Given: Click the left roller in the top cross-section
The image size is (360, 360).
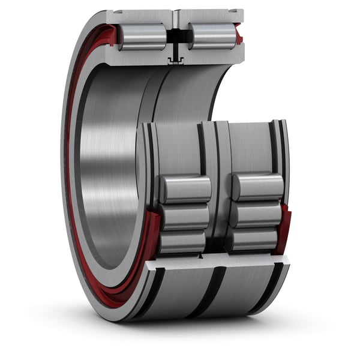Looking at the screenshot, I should pyautogui.click(x=142, y=37).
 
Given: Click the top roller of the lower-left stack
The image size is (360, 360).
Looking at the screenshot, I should pyautogui.click(x=185, y=189).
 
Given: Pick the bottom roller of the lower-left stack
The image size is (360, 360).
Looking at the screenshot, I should pyautogui.click(x=182, y=241).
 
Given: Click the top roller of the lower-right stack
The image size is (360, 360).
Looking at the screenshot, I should pyautogui.click(x=257, y=187).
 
